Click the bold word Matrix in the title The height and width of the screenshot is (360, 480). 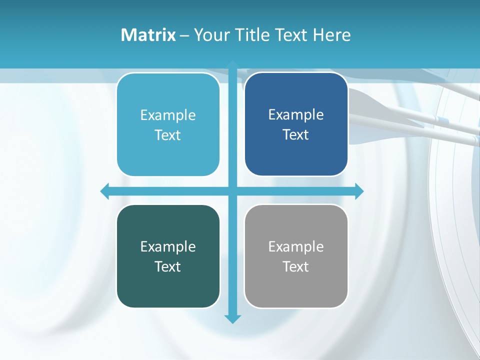148,35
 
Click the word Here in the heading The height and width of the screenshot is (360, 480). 331,35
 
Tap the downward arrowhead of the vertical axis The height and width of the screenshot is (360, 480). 232,318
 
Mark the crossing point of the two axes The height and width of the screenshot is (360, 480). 232,191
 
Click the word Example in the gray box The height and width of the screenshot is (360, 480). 296,246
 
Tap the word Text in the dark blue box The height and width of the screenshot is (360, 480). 296,135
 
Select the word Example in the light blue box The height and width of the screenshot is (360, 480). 168,115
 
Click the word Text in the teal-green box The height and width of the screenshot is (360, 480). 168,266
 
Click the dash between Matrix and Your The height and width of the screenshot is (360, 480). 184,35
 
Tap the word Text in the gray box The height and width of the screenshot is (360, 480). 296,266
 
